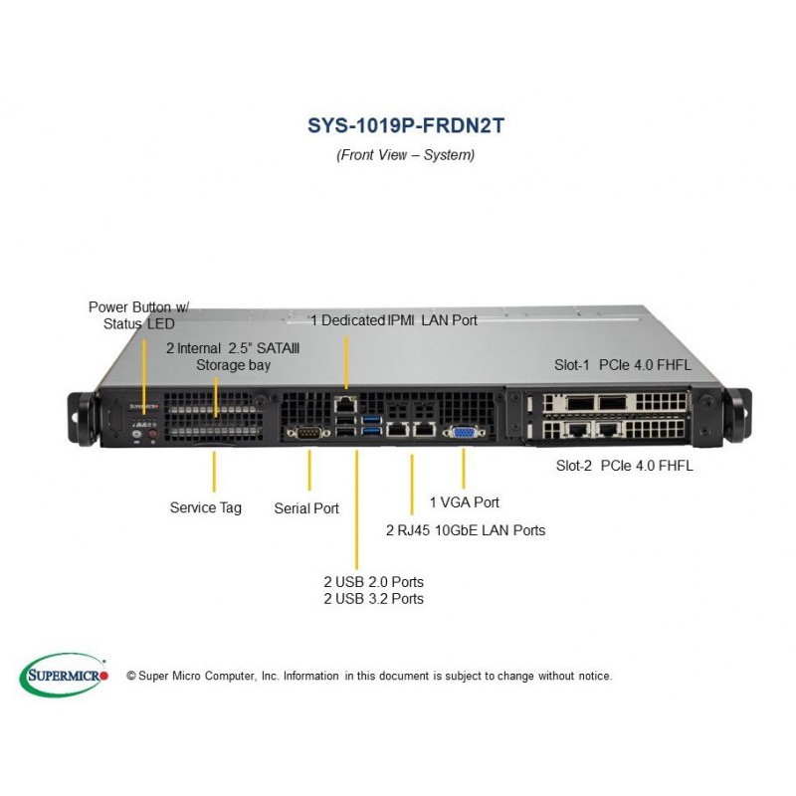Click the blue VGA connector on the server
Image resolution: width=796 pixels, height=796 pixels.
point(464,433)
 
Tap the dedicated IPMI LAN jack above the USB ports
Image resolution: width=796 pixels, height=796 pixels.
point(345,405)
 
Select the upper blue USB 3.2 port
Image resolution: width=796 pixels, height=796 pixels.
point(371,420)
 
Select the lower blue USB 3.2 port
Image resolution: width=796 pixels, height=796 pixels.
point(371,431)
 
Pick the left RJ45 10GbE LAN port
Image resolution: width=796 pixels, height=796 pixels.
point(397,430)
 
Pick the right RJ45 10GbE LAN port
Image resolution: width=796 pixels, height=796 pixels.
point(424,430)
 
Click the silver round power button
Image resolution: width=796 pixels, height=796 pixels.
point(136,434)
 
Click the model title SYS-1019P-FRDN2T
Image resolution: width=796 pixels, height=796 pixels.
point(406,126)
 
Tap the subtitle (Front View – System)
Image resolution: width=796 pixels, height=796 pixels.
point(406,155)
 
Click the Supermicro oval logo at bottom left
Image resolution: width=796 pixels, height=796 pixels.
point(64,676)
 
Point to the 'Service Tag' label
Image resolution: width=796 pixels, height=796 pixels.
point(206,507)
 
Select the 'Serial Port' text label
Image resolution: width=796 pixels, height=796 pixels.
point(306,508)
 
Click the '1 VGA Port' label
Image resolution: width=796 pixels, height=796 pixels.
point(465,502)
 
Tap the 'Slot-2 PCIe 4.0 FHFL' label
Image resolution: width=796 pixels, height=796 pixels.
point(624,466)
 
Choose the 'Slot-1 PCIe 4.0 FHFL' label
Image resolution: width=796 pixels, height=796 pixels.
point(623,365)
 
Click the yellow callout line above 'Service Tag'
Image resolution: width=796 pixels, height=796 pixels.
point(214,472)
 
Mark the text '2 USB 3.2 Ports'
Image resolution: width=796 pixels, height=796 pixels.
point(374,599)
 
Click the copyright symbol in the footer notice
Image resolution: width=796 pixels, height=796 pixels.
point(131,676)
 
